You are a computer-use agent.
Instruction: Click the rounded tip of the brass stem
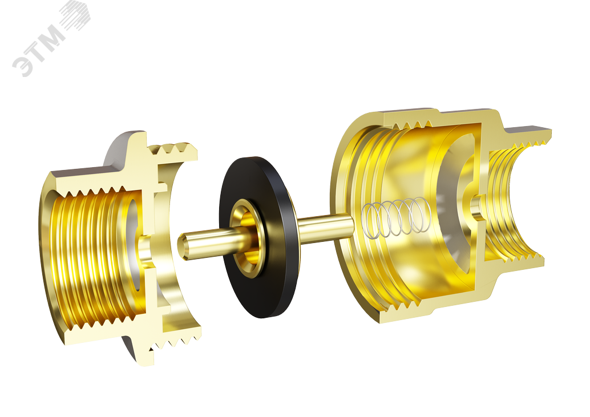[x=181, y=246]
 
